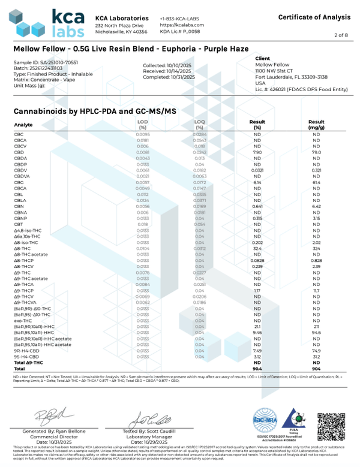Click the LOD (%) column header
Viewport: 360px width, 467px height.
[142, 125]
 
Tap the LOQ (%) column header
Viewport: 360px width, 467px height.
[200, 125]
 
